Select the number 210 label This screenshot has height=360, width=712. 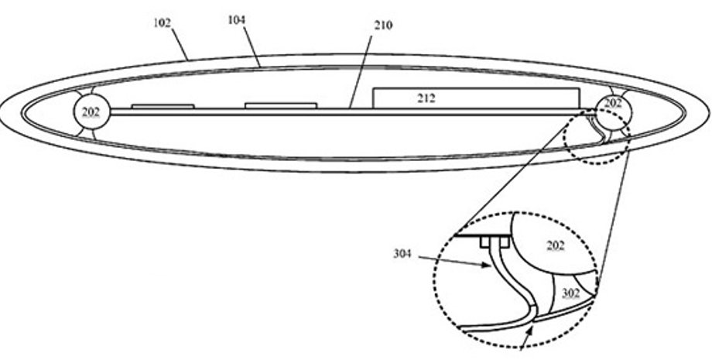382,26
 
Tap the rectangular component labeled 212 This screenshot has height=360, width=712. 476,98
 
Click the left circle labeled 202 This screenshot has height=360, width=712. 91,112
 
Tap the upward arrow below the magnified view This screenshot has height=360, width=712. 529,338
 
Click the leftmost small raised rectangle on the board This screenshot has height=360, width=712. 163,106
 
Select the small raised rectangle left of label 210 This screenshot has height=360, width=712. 281,105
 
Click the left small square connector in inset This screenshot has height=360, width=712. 485,242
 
